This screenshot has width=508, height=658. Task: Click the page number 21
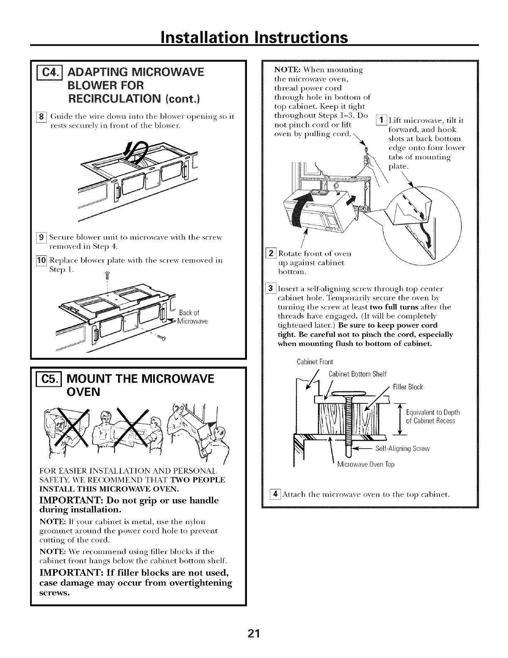point(254,633)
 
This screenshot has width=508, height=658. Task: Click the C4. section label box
point(49,73)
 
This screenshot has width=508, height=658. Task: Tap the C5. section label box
point(49,380)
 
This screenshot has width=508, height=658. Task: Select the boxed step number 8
point(42,117)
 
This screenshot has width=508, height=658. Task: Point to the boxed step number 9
point(41,237)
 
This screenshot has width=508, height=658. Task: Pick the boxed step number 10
point(41,260)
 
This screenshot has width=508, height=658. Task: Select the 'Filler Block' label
point(408,387)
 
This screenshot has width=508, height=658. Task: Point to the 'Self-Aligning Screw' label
point(403,449)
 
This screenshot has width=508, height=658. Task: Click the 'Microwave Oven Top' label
point(366,464)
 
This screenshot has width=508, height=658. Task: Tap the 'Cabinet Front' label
point(315,362)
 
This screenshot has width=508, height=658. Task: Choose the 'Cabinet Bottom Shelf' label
point(358,374)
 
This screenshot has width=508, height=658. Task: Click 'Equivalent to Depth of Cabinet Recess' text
point(432,417)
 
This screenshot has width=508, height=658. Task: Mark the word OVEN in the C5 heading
point(83,392)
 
